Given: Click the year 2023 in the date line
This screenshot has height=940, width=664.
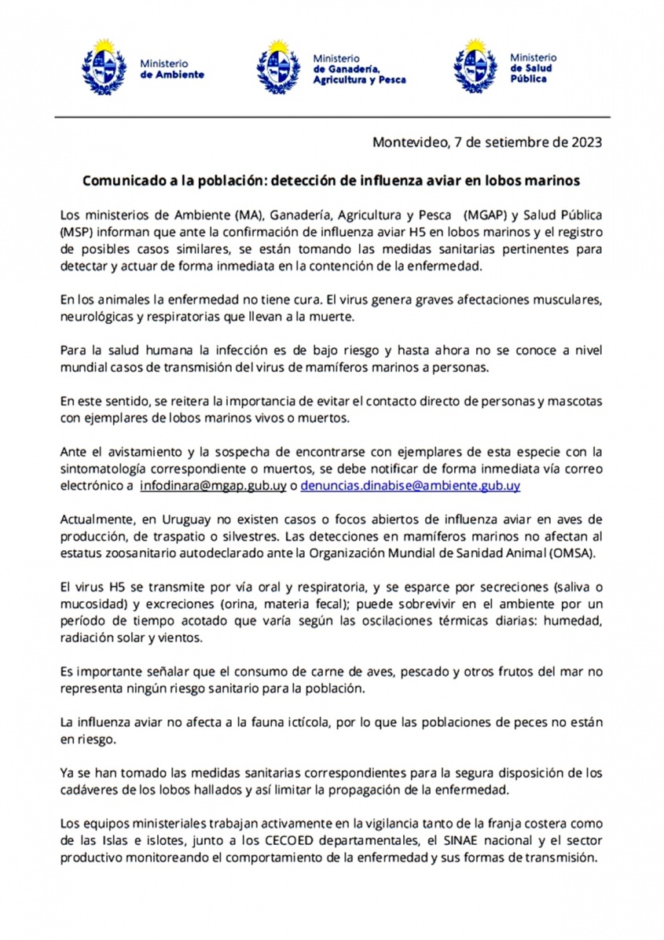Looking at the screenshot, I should [x=585, y=142].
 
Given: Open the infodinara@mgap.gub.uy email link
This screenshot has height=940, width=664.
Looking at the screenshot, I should [x=213, y=487].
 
